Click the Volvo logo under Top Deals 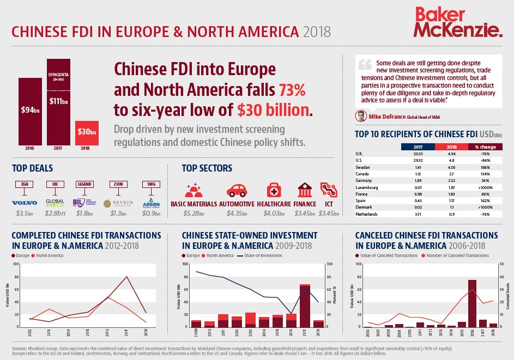[24, 202]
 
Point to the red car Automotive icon [236, 190]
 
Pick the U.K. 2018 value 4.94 [451, 154]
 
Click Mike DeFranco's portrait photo [360, 116]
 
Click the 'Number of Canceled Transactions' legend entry [464, 255]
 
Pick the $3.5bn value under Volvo [25, 213]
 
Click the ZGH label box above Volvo [25, 185]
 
